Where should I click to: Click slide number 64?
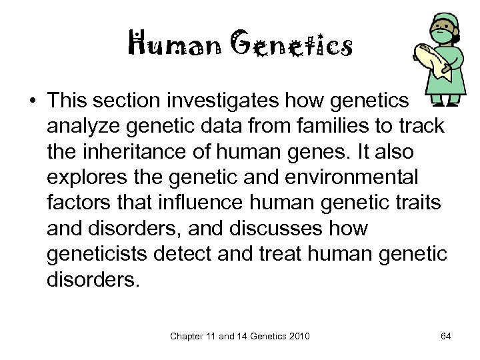446,336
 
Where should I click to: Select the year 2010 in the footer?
298,336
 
